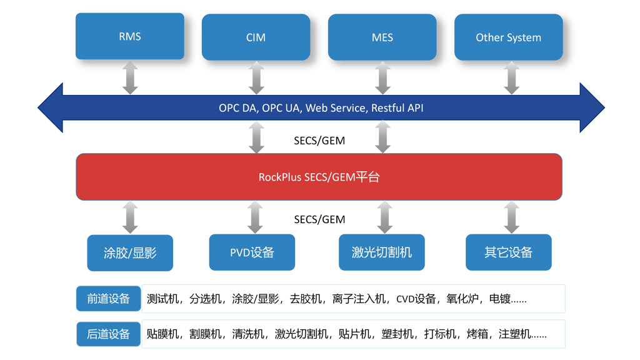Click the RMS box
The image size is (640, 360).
point(130,36)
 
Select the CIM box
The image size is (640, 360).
point(256,37)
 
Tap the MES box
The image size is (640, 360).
point(382,37)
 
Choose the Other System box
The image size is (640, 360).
point(509,37)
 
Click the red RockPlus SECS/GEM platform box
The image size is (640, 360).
point(319,177)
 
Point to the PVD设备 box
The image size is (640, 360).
point(252,252)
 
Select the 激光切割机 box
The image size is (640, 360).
point(382,252)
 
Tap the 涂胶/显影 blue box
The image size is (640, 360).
point(130,253)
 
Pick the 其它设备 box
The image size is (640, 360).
point(509,252)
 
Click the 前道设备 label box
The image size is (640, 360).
point(109,298)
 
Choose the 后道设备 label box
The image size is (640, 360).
point(109,334)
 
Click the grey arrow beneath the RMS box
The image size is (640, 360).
point(130,77)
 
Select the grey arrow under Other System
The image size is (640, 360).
point(511,77)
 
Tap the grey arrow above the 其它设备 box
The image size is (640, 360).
point(511,217)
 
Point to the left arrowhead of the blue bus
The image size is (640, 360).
point(50,107)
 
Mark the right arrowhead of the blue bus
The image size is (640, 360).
point(592,107)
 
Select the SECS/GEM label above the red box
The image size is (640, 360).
point(319,141)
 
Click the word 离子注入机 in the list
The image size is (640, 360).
point(359,299)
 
